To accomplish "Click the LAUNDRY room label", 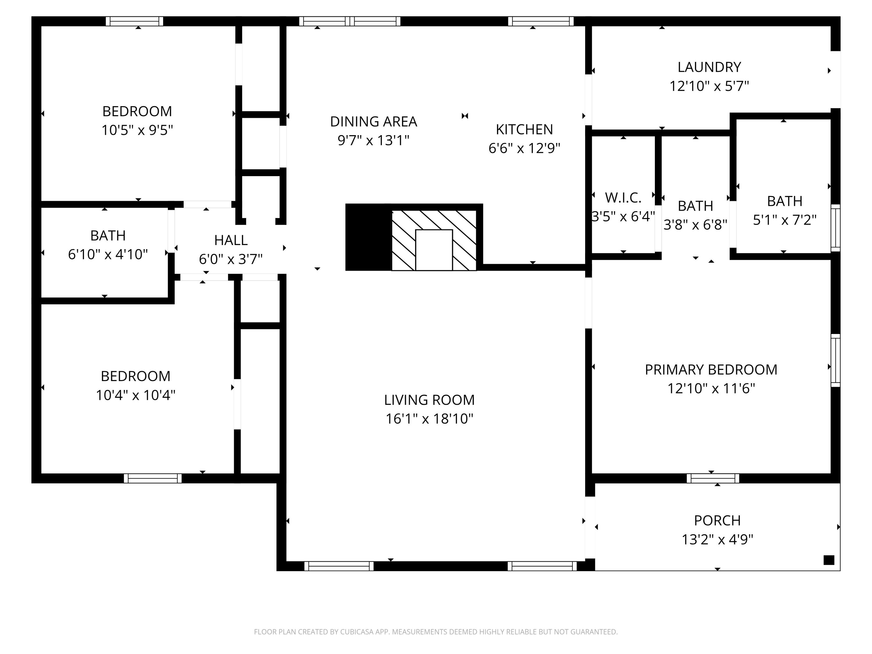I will coord(709,67).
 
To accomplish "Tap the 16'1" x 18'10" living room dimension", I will coord(429,419).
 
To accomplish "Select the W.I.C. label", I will coord(623,197).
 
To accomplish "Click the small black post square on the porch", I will coord(829,560).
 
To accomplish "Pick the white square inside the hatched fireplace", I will coord(434,250).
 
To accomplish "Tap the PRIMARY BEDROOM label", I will coord(711,370).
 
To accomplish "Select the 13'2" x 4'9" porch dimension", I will coord(717,539).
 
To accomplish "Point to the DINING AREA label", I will coord(373,121).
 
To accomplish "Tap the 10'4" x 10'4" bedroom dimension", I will coord(136,395).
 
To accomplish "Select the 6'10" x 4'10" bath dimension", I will coord(108,254).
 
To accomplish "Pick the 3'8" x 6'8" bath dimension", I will coord(695,225).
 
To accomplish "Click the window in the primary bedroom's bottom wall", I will coord(713,478).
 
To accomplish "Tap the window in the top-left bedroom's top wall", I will coord(134,21).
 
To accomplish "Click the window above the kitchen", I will coord(540,21).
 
